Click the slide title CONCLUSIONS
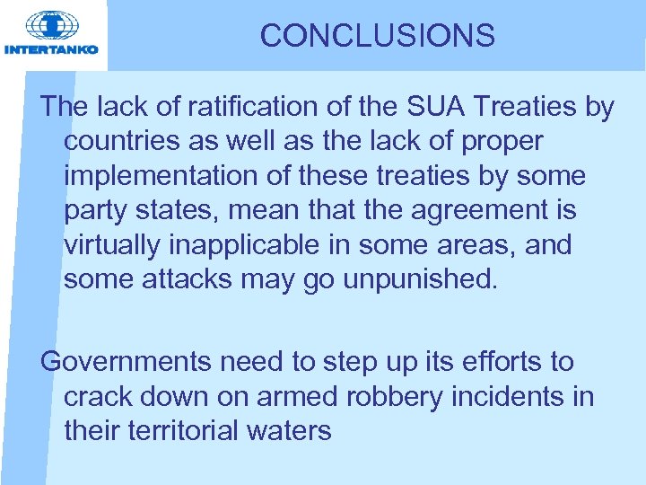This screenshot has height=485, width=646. [x=377, y=36]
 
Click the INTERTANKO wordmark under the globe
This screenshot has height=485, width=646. [x=52, y=49]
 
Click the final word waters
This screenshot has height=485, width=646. [x=292, y=430]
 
